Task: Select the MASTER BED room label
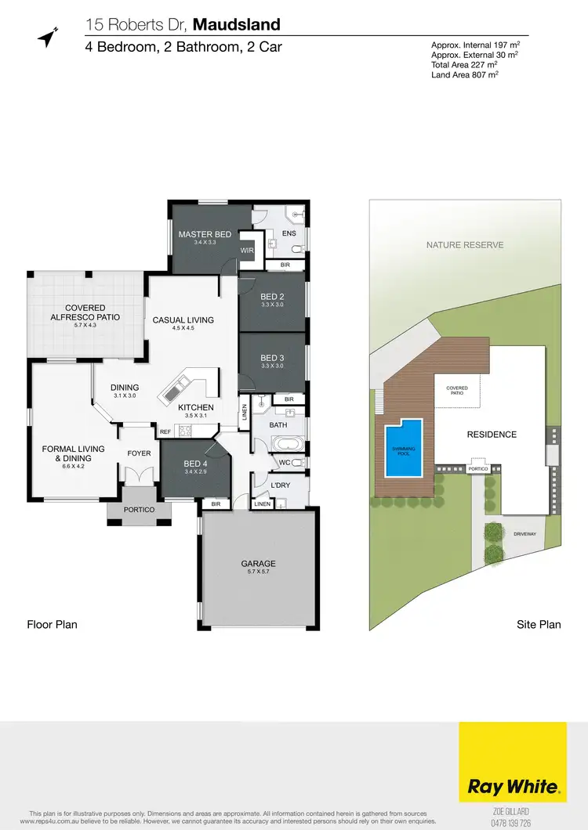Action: click(x=205, y=235)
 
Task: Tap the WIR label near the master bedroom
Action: click(x=247, y=251)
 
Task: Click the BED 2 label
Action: click(x=272, y=297)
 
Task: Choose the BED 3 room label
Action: click(x=272, y=358)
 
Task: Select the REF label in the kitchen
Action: click(x=165, y=431)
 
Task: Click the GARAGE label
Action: click(x=258, y=563)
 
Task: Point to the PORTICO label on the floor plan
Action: click(x=139, y=510)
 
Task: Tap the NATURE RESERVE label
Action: click(x=465, y=245)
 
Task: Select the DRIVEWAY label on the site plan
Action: click(x=524, y=534)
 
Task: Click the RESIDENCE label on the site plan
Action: click(x=492, y=435)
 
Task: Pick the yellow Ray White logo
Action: click(x=513, y=763)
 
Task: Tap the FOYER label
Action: click(x=139, y=453)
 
